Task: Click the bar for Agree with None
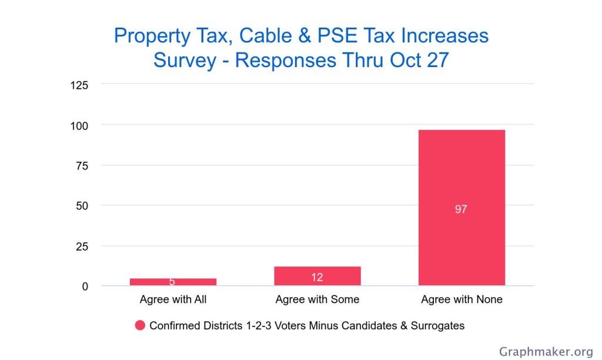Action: click(x=461, y=176)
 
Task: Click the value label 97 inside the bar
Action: click(x=461, y=209)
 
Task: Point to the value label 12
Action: click(x=317, y=277)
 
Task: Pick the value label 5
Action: click(x=172, y=282)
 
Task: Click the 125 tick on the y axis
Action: click(x=79, y=85)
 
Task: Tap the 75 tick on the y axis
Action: click(x=82, y=166)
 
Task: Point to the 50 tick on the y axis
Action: click(x=82, y=206)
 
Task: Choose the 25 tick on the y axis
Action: click(x=82, y=246)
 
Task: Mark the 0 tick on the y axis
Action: click(x=85, y=286)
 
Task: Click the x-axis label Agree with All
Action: click(x=173, y=299)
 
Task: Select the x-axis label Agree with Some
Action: click(x=317, y=299)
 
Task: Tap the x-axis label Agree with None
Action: click(x=461, y=299)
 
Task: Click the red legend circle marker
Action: click(x=140, y=325)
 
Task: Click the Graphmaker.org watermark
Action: click(x=546, y=352)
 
